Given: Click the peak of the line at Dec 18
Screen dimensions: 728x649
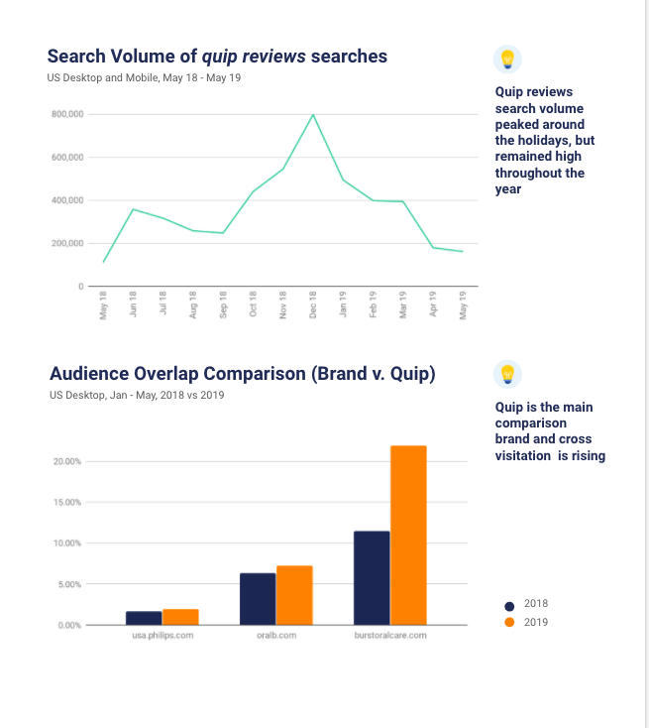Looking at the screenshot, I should point(313,115).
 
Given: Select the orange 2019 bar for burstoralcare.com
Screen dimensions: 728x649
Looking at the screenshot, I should point(408,536).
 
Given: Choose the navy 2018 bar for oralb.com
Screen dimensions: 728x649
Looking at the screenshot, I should point(258,599).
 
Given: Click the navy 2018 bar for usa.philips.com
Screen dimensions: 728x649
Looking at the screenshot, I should point(144,618).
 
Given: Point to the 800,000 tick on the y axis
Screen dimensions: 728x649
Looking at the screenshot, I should point(67,114).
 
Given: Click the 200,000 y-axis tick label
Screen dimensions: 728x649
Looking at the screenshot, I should point(67,243).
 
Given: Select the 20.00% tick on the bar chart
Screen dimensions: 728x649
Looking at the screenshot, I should point(66,461).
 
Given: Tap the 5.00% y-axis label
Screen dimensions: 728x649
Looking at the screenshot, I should point(68,584).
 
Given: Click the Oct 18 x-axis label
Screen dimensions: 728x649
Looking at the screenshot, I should point(254,303).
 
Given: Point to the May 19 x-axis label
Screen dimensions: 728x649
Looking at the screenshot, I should point(463,303).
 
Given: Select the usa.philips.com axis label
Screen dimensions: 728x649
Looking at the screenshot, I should point(162,635).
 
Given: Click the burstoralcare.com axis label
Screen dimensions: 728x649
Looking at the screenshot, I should point(390,635).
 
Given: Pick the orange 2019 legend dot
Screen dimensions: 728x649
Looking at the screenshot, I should point(509,622).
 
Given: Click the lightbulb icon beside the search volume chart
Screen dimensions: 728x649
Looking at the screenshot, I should point(506,60).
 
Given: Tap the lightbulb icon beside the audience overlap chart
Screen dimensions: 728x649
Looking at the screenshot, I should point(506,374).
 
